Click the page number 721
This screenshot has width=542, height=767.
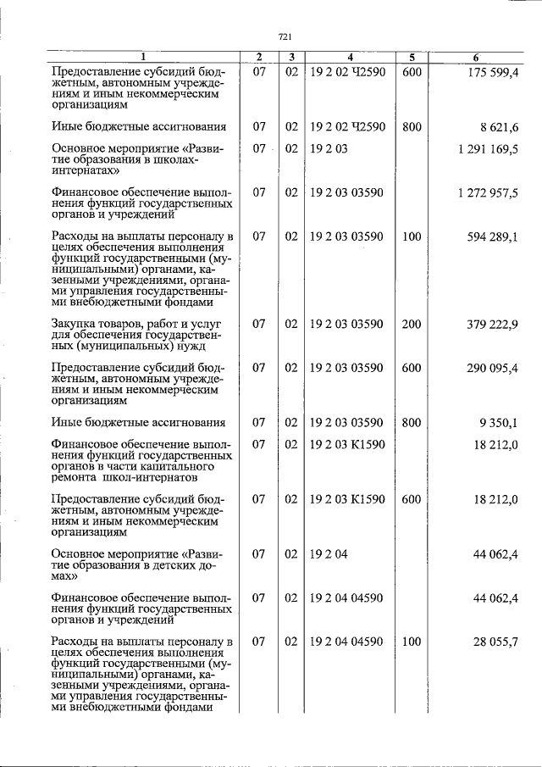coord(285,36)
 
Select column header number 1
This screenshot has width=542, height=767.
coord(144,57)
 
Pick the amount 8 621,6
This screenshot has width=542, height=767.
coord(498,127)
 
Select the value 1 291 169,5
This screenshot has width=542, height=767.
coord(487,149)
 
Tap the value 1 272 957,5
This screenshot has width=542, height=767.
coord(487,193)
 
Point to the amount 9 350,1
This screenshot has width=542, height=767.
coord(498,422)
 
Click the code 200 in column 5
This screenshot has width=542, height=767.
coord(412,324)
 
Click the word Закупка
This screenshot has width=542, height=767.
coord(76,324)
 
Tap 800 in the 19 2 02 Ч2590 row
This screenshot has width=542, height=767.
coord(412,127)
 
